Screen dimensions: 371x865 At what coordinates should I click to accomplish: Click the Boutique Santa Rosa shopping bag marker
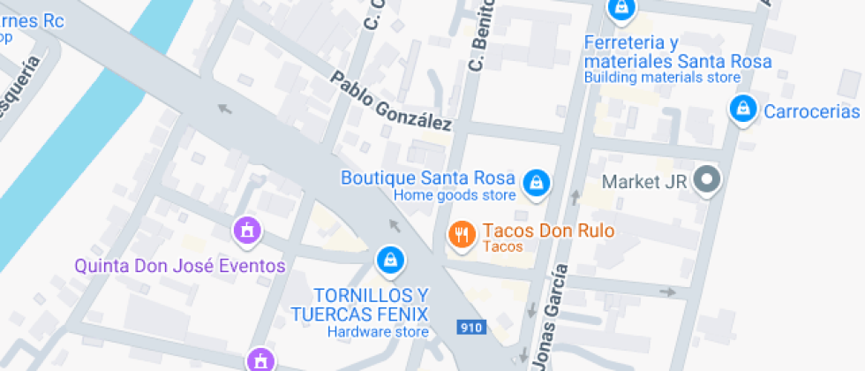pos(534,183)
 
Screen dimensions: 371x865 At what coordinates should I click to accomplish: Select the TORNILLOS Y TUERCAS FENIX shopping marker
pos(389,259)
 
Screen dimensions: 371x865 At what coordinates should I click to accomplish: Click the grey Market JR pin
pos(706,181)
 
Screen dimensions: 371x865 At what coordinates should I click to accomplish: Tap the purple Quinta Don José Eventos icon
pos(248,231)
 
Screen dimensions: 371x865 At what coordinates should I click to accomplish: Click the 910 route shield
pos(472,328)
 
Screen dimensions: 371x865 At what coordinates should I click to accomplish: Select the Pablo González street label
pos(390,102)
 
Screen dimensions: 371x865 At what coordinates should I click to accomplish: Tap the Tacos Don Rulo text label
pos(547,231)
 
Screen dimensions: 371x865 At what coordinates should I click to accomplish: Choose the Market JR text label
pos(643,182)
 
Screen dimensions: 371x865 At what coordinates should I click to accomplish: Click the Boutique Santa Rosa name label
pos(428,178)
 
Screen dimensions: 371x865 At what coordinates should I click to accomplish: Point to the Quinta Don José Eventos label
pos(180,266)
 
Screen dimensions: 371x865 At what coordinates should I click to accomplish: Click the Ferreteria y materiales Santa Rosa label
pos(677,52)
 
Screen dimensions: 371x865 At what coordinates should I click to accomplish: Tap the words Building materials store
pos(662,77)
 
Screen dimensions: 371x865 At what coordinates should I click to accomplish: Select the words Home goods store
pos(454,195)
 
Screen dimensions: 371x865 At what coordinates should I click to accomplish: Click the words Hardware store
pos(378,332)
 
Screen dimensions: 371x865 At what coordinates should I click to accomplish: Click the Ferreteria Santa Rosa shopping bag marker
pos(621,9)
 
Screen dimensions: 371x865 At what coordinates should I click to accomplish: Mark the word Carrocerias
pos(811,111)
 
